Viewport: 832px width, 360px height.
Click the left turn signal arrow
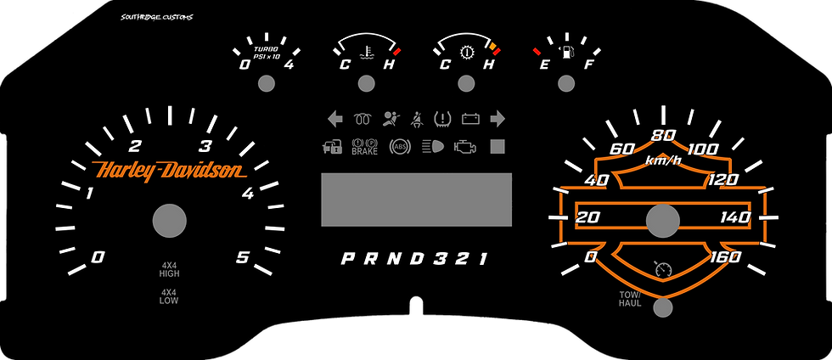click(x=335, y=118)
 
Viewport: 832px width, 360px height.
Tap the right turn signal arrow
click(x=498, y=118)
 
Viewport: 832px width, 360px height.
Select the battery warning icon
click(x=470, y=118)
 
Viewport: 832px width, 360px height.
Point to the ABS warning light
click(x=397, y=146)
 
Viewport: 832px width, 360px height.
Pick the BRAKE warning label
click(x=364, y=146)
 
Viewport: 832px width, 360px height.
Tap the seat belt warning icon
click(x=417, y=118)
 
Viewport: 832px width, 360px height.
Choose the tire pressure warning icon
click(x=442, y=118)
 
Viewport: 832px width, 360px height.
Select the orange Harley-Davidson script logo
click(x=167, y=171)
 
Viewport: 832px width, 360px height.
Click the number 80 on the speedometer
click(x=663, y=135)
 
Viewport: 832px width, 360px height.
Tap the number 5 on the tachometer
click(x=243, y=257)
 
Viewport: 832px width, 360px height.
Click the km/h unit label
click(x=662, y=160)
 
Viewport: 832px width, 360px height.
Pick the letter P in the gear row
click(x=347, y=258)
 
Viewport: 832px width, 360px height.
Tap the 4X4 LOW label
click(x=169, y=296)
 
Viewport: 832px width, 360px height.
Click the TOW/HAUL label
click(x=629, y=299)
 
